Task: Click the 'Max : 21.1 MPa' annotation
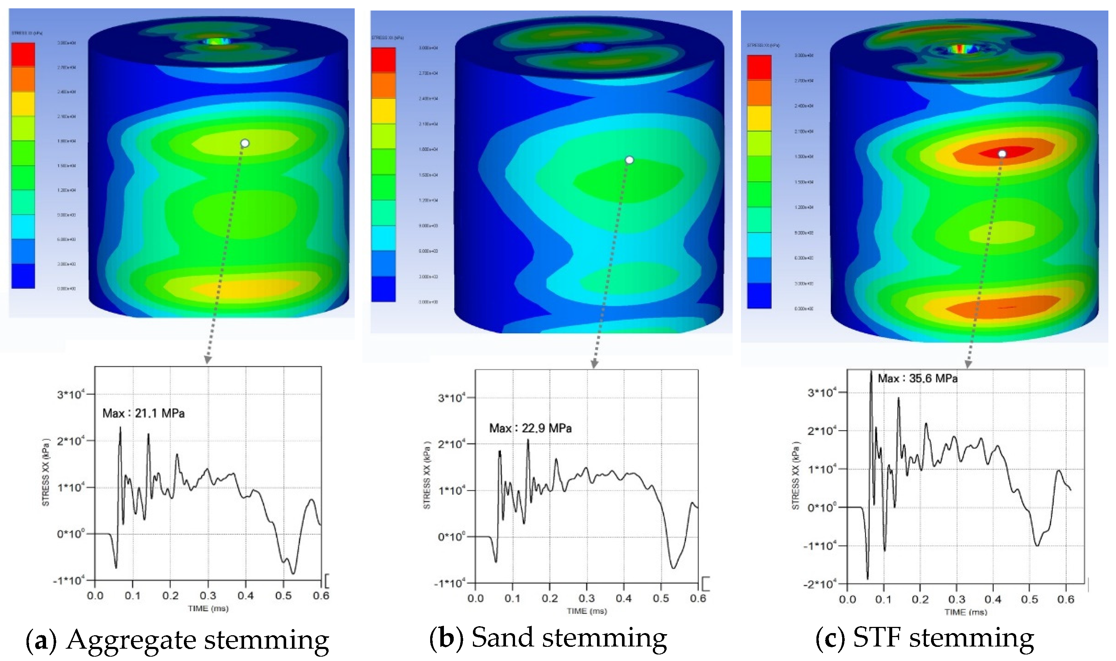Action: [x=143, y=413]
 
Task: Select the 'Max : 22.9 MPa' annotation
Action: [x=530, y=428]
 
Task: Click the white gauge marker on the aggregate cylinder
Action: [x=245, y=143]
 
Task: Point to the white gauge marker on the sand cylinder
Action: [x=629, y=160]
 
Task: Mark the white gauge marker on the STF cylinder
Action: [x=1002, y=154]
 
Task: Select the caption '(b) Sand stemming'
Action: [x=548, y=638]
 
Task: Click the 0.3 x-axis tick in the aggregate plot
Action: [x=208, y=596]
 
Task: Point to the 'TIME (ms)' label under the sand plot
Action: [x=587, y=611]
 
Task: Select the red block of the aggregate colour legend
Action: [x=23, y=54]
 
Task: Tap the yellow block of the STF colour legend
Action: [x=759, y=118]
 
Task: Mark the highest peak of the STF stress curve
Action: [x=871, y=372]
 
